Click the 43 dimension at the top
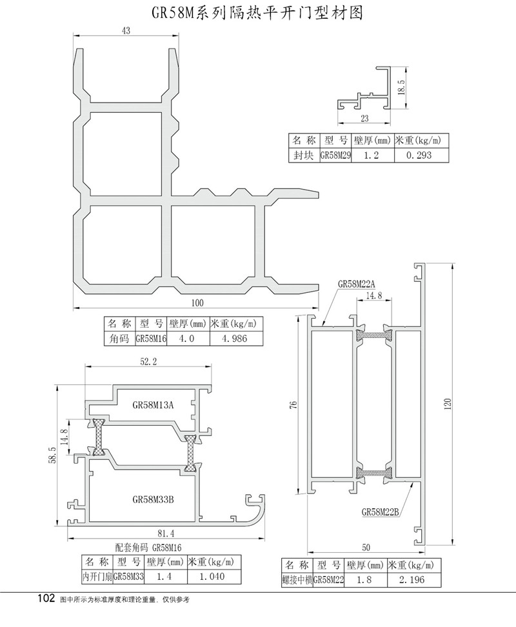coord(126,30)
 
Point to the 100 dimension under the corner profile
coord(197,303)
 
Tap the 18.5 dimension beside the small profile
coord(401,87)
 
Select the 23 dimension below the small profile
coord(364,118)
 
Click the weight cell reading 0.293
coord(419,155)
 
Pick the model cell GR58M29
coord(336,155)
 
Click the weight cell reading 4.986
coord(235,338)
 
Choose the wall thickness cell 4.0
coord(186,338)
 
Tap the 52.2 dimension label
coord(148,361)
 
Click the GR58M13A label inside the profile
coord(153,404)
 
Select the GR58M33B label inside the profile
coord(153,499)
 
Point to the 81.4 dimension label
coord(166,533)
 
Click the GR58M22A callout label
coord(357,284)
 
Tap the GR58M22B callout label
coord(380,512)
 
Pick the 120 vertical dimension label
coord(447,403)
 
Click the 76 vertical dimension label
coord(293,404)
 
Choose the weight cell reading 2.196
coord(412,580)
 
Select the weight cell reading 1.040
coord(212,576)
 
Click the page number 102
coord(46,599)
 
